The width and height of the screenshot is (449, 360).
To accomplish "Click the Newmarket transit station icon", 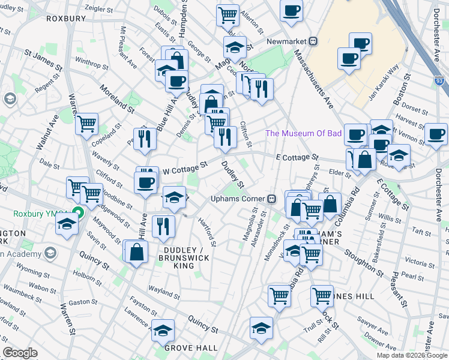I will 313,41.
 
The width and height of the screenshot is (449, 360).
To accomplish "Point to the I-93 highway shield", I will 439,80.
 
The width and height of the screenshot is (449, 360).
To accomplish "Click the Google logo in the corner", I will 20,353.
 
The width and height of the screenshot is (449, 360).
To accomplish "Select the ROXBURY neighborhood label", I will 67,19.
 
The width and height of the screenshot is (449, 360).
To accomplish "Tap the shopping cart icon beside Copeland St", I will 87,124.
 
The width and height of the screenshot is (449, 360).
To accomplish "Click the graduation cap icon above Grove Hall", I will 162,330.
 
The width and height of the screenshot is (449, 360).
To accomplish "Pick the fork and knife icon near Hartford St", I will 163,225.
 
